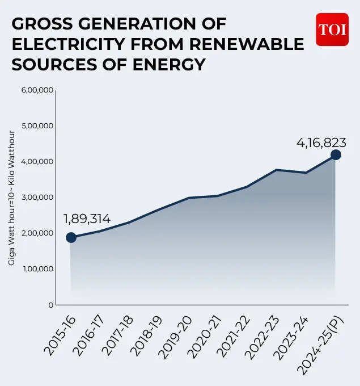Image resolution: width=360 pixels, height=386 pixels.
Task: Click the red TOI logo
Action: [x=332, y=29]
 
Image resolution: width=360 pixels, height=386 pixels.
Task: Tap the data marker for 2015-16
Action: [x=71, y=237]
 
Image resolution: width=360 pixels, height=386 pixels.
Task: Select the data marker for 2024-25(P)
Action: [x=336, y=154]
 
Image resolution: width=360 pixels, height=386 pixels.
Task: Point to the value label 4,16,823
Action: [x=321, y=142]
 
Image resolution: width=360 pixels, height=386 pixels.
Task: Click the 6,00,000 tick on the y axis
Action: [x=37, y=90]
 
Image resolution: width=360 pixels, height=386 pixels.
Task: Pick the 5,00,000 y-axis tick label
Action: [x=37, y=125]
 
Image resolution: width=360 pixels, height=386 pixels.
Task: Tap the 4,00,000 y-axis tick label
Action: [x=37, y=161]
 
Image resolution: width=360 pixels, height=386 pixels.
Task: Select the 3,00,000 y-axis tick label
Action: [x=37, y=197]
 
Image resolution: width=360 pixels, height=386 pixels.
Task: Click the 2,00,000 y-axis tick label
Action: [x=37, y=233]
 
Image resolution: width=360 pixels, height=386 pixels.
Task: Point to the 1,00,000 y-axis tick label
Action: [x=37, y=268]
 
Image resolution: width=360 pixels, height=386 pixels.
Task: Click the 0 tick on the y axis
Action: [x=50, y=305]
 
